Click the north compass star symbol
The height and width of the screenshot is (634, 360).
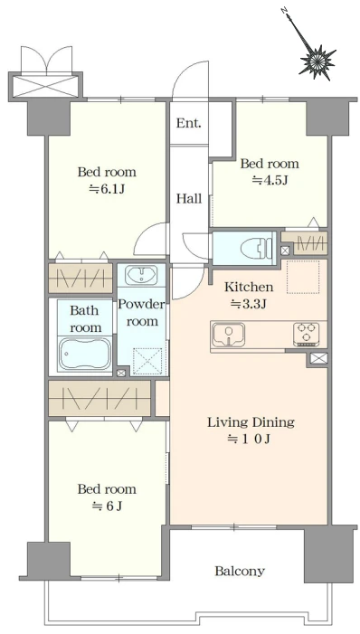tap(317, 60)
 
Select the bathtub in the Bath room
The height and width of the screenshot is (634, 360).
tap(84, 354)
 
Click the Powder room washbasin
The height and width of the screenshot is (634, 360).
tap(141, 275)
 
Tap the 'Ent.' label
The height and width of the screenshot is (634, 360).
tap(188, 123)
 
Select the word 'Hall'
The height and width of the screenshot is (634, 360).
tap(189, 199)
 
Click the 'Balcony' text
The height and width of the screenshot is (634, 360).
tap(240, 571)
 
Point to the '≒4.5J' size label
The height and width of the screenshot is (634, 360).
tap(270, 180)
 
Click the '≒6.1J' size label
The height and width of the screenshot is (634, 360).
tap(107, 188)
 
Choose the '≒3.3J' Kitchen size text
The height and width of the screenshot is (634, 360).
tap(249, 304)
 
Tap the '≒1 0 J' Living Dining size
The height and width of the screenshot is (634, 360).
tap(249, 439)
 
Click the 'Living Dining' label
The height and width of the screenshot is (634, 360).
tap(251, 422)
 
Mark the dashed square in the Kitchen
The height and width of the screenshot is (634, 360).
tap(303, 277)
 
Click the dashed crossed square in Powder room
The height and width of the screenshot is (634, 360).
tap(147, 361)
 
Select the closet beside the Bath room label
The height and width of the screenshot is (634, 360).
tap(81, 279)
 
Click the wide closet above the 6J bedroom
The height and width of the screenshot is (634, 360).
tap(99, 398)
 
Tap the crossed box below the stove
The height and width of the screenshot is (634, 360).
tap(318, 358)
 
